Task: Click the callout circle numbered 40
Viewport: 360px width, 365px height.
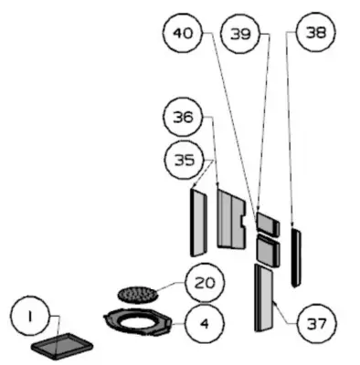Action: point(183,33)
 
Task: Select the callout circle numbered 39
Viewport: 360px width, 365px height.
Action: point(240,34)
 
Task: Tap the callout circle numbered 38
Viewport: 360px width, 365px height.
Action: point(316,32)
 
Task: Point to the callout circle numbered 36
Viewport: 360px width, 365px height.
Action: point(183,117)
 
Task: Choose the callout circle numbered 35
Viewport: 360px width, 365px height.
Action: point(184,160)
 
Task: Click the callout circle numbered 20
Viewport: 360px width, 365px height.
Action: point(205,283)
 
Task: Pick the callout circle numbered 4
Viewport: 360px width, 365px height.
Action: point(205,323)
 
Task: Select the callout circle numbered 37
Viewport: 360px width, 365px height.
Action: point(317,323)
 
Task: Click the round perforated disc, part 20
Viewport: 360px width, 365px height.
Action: point(138,294)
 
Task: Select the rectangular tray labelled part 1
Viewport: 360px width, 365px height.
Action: point(62,346)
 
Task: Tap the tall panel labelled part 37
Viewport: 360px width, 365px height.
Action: point(264,297)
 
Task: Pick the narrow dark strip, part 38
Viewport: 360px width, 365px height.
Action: point(296,258)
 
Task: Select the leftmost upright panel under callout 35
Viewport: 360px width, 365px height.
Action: point(198,223)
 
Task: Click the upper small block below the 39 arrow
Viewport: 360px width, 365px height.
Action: point(268,224)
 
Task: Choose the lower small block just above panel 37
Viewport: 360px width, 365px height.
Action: point(268,250)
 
